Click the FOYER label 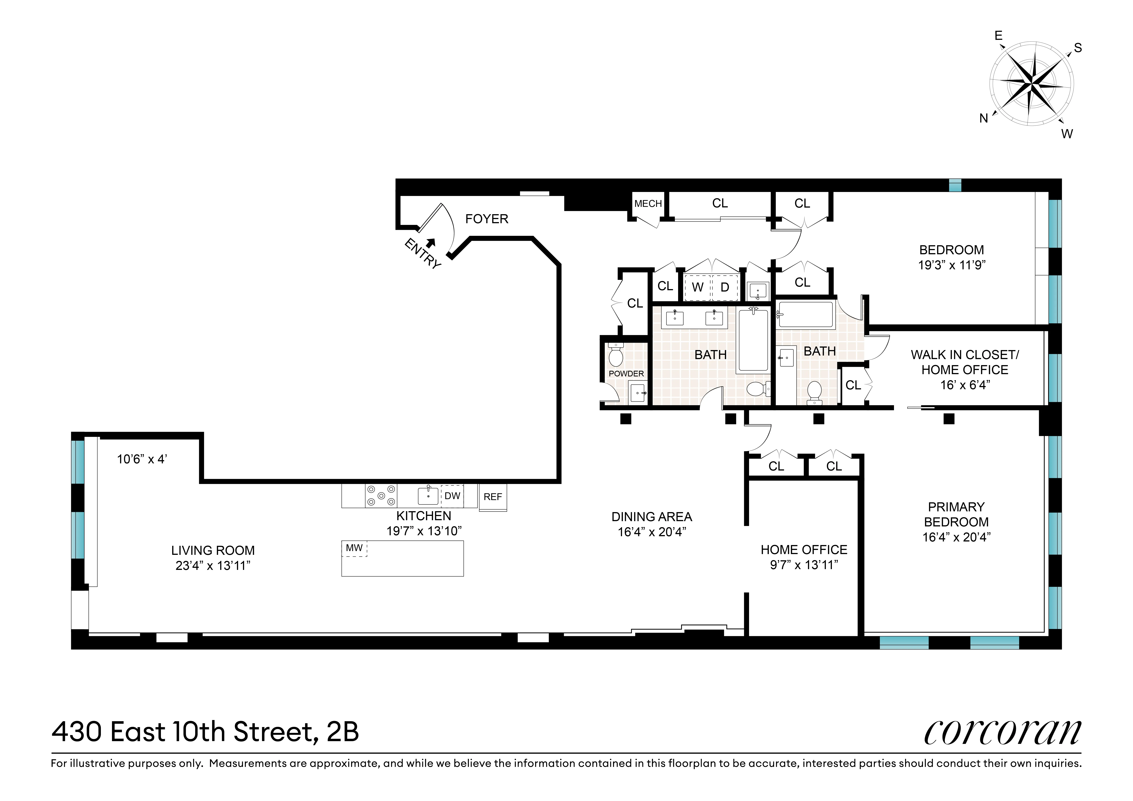click(487, 219)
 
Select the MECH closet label click(648, 203)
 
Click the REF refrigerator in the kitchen click(493, 497)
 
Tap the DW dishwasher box click(452, 496)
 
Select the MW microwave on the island click(354, 548)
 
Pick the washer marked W click(697, 287)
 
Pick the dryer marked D click(724, 287)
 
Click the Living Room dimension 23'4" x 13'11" click(213, 566)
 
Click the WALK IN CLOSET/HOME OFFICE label click(965, 362)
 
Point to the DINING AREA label click(651, 517)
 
